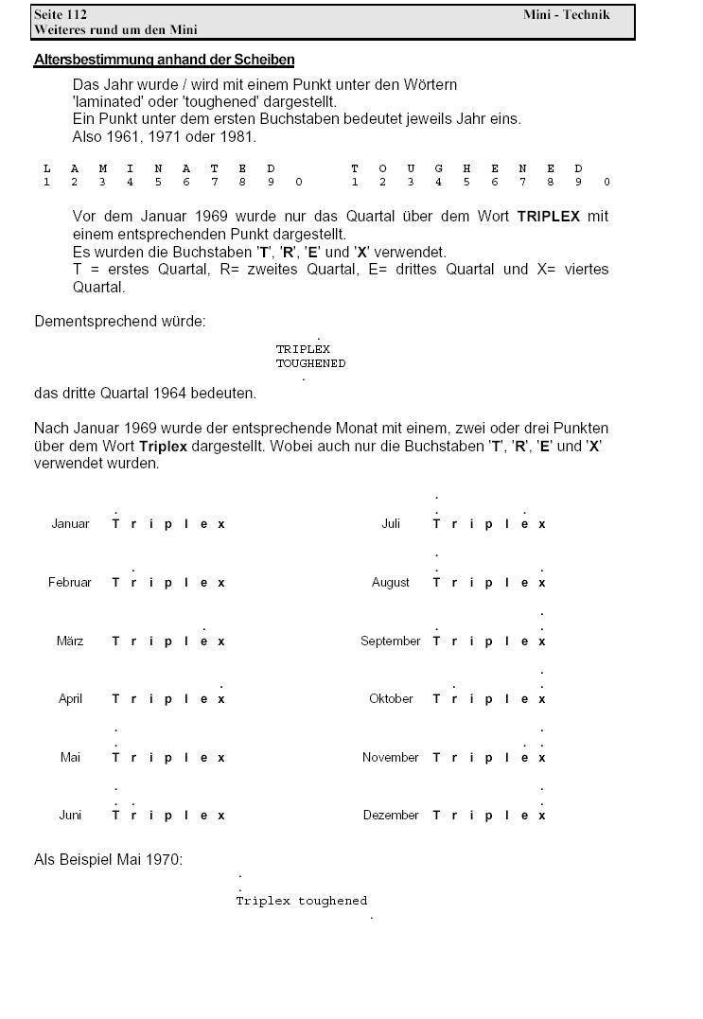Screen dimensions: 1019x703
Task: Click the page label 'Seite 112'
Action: tap(61, 14)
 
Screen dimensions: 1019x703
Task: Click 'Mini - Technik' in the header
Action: tap(566, 14)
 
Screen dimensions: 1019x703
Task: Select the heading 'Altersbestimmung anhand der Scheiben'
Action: tap(164, 60)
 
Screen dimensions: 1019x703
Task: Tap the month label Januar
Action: tap(70, 524)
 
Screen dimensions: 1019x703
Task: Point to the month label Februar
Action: tap(70, 583)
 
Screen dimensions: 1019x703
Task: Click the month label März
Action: tap(70, 641)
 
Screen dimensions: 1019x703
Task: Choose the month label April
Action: tap(70, 699)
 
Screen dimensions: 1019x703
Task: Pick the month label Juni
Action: tap(70, 816)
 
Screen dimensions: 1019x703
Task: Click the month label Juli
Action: tap(391, 524)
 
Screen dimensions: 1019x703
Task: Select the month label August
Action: tap(391, 583)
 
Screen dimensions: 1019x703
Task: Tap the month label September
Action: tap(391, 641)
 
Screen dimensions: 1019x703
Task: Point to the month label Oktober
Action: tap(391, 699)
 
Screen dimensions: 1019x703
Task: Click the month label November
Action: tap(391, 758)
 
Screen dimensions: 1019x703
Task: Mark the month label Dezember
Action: tap(391, 816)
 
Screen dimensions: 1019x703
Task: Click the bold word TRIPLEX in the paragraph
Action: tap(549, 217)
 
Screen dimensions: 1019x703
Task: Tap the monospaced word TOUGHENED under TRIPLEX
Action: tap(310, 363)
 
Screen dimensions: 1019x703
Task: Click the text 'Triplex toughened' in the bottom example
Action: tap(301, 901)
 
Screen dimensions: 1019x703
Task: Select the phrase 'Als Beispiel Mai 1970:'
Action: tap(108, 860)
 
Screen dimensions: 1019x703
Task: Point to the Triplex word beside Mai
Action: tap(168, 758)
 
